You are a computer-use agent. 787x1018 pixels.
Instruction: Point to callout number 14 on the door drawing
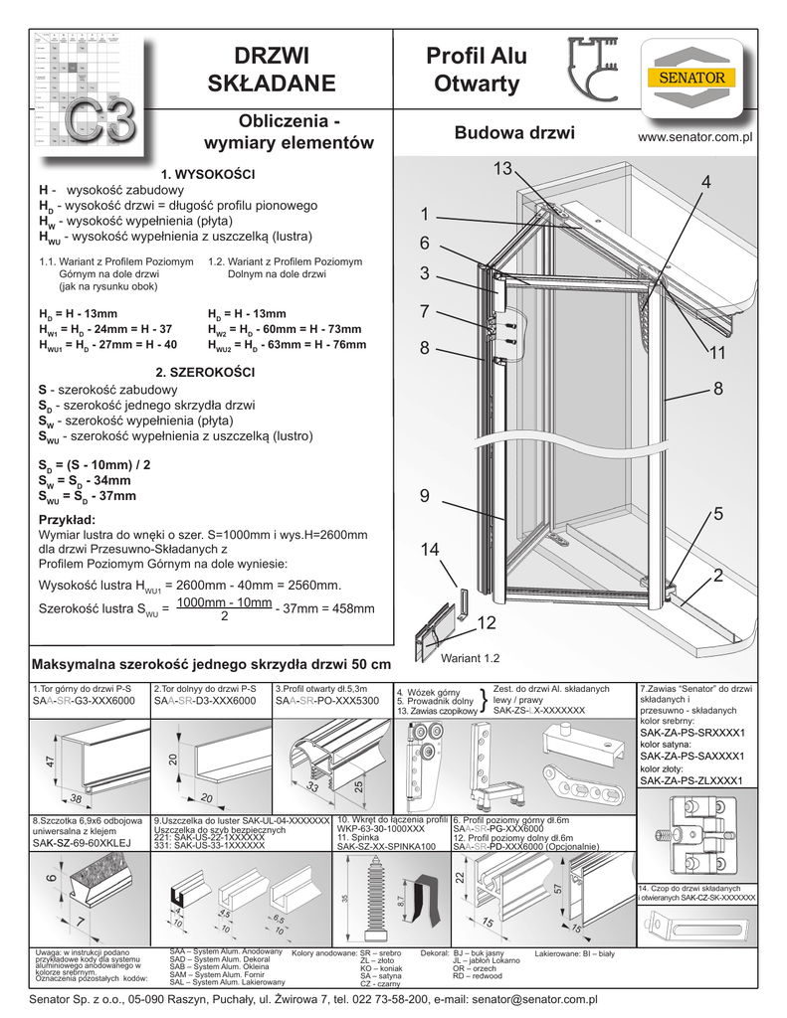(x=429, y=550)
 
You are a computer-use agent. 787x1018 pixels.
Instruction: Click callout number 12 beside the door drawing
(x=487, y=622)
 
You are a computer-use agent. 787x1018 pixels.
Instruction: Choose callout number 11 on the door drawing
(x=718, y=353)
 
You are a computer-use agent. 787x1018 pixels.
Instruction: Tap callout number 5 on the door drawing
(x=717, y=513)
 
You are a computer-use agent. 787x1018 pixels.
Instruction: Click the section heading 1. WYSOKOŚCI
(x=216, y=175)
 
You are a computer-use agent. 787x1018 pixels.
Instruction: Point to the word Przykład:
(x=67, y=520)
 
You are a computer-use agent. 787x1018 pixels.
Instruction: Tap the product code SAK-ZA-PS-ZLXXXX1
(x=691, y=781)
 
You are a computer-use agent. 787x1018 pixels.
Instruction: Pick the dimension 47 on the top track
(x=47, y=762)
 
